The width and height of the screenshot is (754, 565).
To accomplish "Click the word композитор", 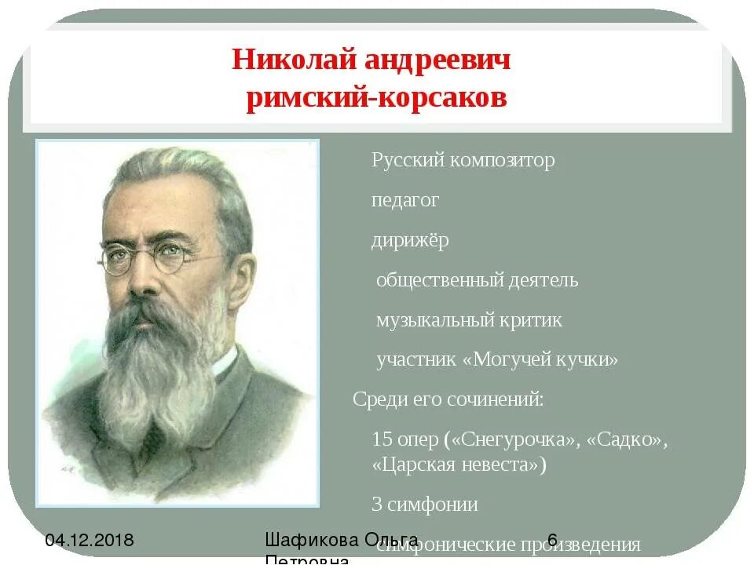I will (503, 160).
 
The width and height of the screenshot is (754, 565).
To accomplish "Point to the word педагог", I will (405, 201).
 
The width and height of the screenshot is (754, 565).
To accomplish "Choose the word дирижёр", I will (410, 240).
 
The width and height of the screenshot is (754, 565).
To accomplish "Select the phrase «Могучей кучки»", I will (541, 360).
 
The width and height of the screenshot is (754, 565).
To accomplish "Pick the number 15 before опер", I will (382, 439).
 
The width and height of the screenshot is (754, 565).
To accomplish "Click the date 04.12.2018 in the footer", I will (90, 540).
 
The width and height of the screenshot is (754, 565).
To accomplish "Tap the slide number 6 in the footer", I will (552, 539).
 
